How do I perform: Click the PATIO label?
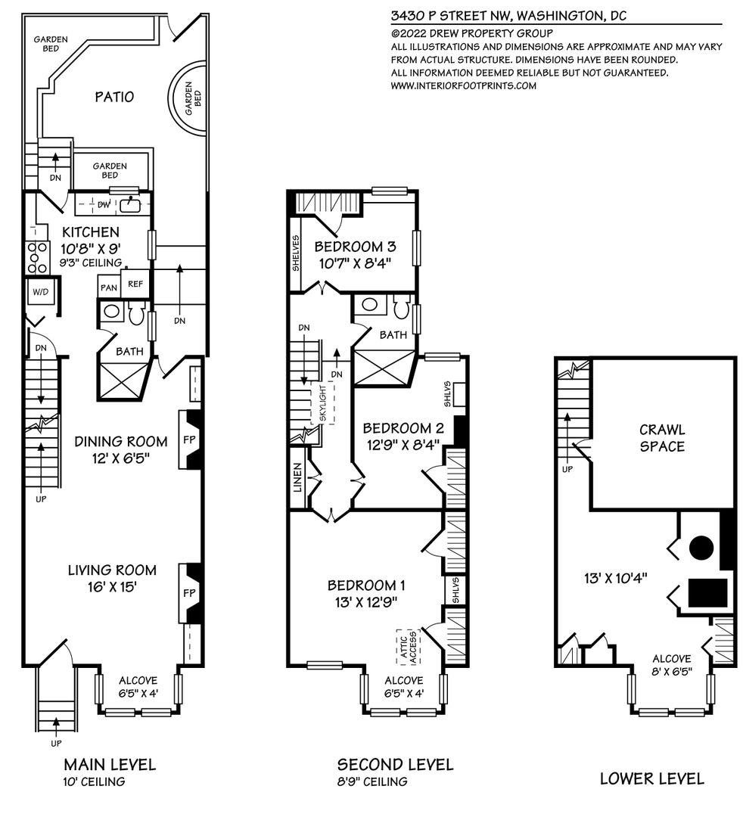(x=114, y=96)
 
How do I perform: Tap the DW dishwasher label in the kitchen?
(x=104, y=205)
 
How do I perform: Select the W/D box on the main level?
(x=41, y=292)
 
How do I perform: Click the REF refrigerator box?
(x=135, y=284)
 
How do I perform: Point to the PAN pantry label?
(x=109, y=287)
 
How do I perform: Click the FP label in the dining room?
(x=189, y=440)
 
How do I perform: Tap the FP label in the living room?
(x=189, y=593)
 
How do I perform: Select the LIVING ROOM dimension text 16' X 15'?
(x=112, y=587)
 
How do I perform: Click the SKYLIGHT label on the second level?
(x=323, y=403)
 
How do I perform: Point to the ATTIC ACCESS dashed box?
(x=408, y=647)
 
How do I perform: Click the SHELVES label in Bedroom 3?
(x=295, y=253)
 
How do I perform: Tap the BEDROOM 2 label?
(x=403, y=428)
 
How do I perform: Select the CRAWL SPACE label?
(x=662, y=438)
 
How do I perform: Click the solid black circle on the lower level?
(x=701, y=548)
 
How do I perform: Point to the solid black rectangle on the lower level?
(x=707, y=593)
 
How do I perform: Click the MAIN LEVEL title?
(x=110, y=764)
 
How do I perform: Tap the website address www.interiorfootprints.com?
(x=463, y=86)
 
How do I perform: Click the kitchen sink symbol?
(x=129, y=205)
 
